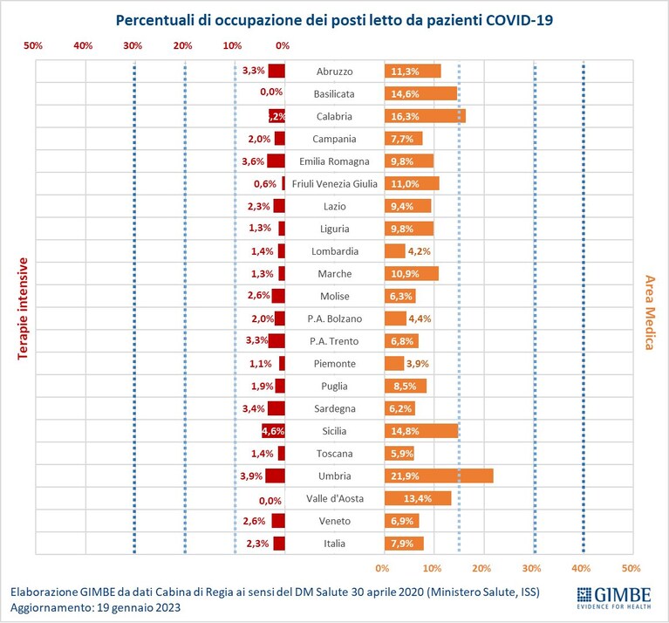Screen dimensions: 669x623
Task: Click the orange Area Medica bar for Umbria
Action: (439, 476)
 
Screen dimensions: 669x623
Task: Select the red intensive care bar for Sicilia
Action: (273, 431)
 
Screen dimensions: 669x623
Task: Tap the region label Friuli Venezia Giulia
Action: (335, 184)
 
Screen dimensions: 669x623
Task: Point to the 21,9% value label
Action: (405, 476)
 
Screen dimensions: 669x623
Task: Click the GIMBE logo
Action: (614, 598)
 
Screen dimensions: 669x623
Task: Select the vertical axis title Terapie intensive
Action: (23, 309)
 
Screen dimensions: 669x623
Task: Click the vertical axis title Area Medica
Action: (649, 312)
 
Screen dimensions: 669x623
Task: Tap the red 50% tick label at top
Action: (33, 45)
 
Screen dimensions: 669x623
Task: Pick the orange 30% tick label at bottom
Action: (531, 568)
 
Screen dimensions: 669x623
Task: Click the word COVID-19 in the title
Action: (519, 20)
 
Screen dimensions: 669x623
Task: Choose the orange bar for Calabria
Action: (425, 116)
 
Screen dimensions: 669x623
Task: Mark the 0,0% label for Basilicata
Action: (271, 92)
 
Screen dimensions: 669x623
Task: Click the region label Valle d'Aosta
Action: (335, 498)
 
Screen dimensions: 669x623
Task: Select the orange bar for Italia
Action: (404, 544)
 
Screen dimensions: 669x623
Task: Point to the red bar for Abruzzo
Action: (276, 71)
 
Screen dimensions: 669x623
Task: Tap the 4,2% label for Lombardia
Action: (420, 251)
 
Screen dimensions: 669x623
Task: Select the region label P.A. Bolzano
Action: (335, 318)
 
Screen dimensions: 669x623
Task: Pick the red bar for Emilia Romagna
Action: (276, 161)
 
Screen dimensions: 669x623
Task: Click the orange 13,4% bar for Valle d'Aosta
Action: (418, 498)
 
